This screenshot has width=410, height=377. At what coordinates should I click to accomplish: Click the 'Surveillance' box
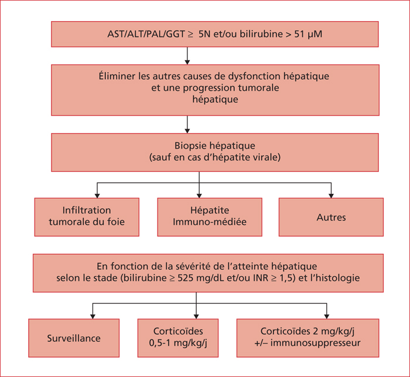74,338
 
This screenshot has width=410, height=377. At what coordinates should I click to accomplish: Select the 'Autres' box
331,217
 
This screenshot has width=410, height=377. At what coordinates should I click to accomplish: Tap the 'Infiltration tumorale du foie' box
87,217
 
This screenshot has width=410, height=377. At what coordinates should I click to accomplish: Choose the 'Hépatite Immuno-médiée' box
210,217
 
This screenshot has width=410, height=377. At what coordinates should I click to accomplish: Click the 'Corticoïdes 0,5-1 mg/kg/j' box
178,338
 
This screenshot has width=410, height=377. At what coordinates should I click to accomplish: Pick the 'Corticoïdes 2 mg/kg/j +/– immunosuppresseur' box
307,338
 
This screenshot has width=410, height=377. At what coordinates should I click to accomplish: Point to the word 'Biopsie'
189,146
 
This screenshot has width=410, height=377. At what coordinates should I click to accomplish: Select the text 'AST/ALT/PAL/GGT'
146,34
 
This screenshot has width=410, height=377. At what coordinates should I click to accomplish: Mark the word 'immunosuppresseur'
315,343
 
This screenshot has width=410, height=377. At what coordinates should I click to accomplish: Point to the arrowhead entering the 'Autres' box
331,196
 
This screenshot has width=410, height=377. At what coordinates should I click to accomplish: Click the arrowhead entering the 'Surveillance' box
93,317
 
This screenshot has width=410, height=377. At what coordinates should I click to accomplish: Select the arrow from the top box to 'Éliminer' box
187,56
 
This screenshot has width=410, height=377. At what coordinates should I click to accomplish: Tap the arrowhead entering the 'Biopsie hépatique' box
187,131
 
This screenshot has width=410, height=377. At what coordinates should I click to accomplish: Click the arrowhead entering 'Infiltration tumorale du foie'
97,196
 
